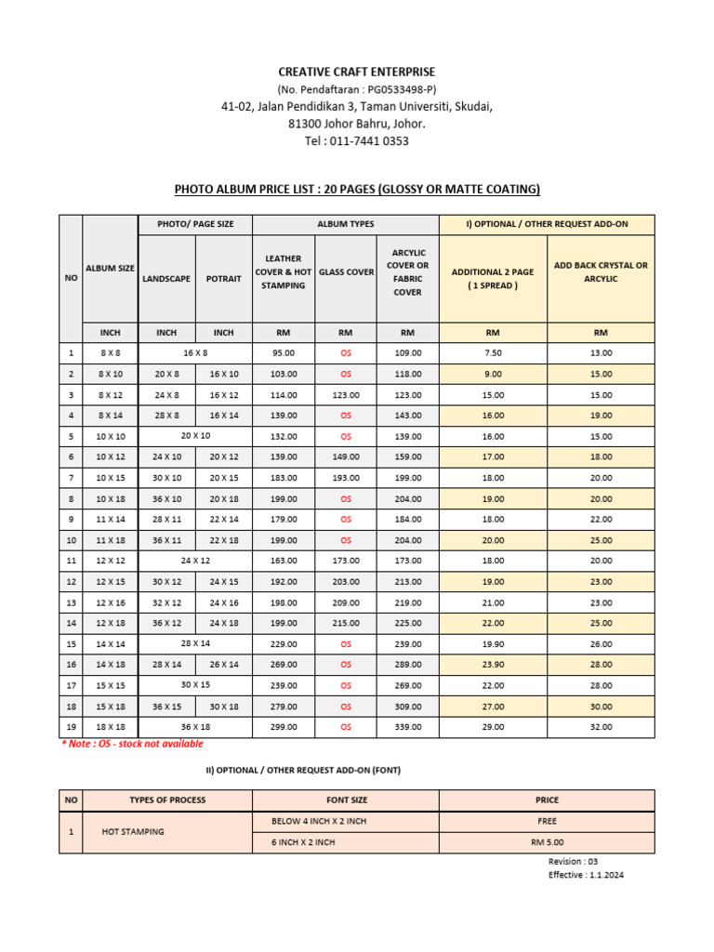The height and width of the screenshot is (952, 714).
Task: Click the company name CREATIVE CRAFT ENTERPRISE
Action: [357, 72]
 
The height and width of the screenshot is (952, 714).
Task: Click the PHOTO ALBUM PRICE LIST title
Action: [357, 190]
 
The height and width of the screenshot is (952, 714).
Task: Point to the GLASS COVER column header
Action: [346, 272]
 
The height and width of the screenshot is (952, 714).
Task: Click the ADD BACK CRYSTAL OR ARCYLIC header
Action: [601, 271]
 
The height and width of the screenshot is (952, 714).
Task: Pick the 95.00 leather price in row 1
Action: [284, 353]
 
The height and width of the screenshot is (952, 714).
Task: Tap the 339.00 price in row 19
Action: [408, 727]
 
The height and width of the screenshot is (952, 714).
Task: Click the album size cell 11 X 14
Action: [110, 520]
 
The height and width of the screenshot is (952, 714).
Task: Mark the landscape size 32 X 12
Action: [166, 602]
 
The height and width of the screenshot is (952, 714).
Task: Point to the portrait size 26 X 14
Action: [224, 665]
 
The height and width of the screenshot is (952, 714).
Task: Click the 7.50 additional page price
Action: [493, 353]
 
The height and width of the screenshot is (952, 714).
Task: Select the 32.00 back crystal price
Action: [601, 727]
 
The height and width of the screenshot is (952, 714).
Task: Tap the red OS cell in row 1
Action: [346, 353]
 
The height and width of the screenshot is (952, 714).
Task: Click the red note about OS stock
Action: [132, 744]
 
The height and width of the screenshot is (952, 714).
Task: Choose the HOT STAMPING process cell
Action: [133, 831]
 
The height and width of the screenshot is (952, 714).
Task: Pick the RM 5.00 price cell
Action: [547, 842]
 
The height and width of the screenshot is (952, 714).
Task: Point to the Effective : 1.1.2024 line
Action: [587, 875]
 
